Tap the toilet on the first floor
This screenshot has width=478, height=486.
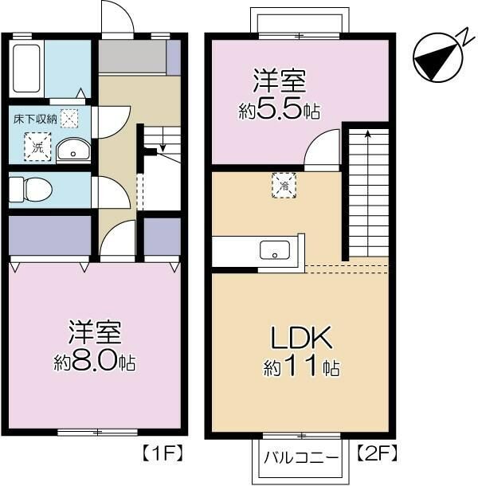pyautogui.click(x=29, y=189)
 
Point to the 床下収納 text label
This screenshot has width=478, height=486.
pyautogui.click(x=35, y=120)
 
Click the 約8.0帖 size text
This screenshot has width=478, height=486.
pyautogui.click(x=95, y=363)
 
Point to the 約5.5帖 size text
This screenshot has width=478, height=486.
pyautogui.click(x=280, y=110)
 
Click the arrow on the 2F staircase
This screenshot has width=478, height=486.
pyautogui.click(x=367, y=135)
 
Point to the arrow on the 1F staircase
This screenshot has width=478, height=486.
pyautogui.click(x=162, y=145)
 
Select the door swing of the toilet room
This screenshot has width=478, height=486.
pyautogui.click(x=108, y=191)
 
